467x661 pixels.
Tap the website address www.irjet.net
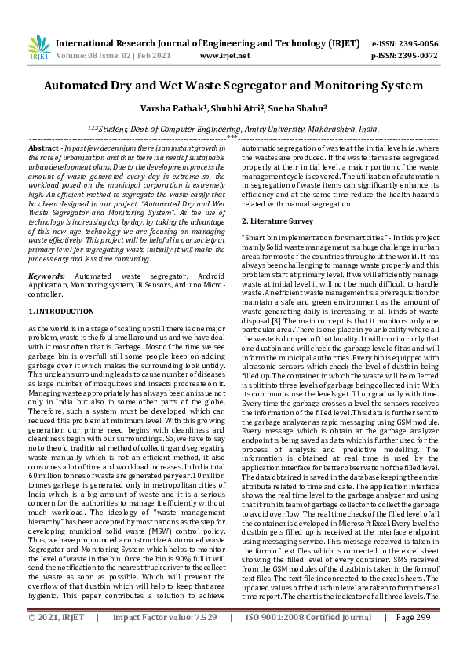(225, 57)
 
